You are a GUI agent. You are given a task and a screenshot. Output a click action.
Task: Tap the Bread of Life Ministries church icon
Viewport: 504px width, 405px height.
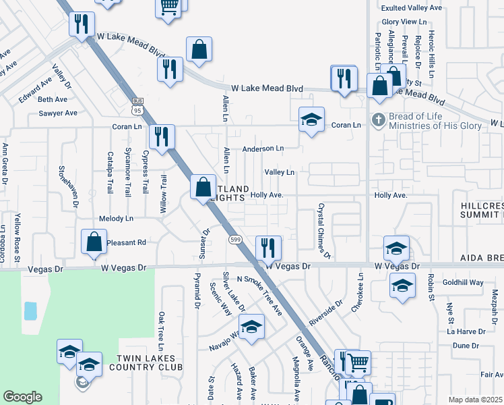[x=379, y=119]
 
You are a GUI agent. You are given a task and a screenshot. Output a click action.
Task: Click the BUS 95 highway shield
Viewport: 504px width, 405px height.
[x=137, y=105]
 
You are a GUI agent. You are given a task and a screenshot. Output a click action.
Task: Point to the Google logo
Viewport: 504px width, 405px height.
[x=22, y=397]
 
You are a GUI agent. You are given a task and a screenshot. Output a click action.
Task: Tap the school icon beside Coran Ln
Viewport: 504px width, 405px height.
[x=311, y=120]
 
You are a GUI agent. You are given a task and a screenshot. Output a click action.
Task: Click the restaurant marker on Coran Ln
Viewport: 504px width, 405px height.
[x=162, y=137]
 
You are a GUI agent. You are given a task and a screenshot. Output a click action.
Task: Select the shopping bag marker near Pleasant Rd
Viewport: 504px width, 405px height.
[x=94, y=242]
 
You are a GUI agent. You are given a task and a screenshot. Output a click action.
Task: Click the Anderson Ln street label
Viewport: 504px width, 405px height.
[x=263, y=148]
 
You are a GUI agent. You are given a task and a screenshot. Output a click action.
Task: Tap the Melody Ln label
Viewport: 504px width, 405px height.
[x=117, y=219]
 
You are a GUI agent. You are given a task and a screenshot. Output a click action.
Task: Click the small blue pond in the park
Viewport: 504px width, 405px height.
[x=30, y=311]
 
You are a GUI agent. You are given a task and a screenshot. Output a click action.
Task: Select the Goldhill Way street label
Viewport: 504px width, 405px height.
[x=465, y=283]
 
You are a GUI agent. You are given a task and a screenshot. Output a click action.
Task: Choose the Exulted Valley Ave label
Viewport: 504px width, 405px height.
[x=412, y=8]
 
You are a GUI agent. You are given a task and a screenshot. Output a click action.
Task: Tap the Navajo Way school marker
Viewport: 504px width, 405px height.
[x=252, y=329]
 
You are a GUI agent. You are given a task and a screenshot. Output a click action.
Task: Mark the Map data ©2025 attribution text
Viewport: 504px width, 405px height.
[x=475, y=400]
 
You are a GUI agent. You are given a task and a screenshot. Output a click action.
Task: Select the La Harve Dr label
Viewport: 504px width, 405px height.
[x=466, y=331]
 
